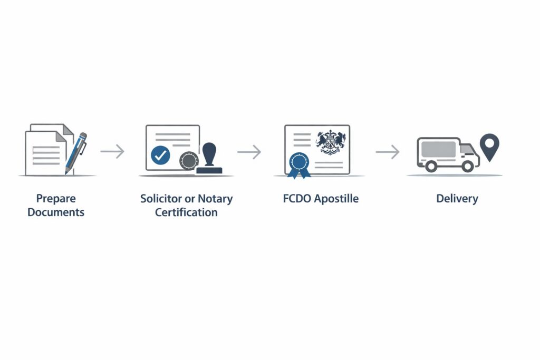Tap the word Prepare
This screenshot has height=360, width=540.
(x=56, y=199)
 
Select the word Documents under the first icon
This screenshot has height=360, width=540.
(x=56, y=212)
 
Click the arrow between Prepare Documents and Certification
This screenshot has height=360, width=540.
(x=112, y=152)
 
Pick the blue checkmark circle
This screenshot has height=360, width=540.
(x=160, y=154)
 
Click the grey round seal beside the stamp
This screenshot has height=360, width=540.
(x=188, y=161)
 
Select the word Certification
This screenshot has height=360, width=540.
(x=186, y=212)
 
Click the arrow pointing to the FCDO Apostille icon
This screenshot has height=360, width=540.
(x=249, y=152)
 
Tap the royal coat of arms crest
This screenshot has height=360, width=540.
(x=331, y=142)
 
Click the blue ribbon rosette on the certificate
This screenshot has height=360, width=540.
(x=298, y=162)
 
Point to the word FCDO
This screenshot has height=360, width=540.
(x=297, y=199)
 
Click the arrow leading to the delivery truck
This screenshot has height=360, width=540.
(x=388, y=152)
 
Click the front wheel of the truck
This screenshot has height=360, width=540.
(x=467, y=166)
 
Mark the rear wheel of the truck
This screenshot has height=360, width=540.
(x=431, y=166)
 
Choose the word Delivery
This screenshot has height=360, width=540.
(x=457, y=199)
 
